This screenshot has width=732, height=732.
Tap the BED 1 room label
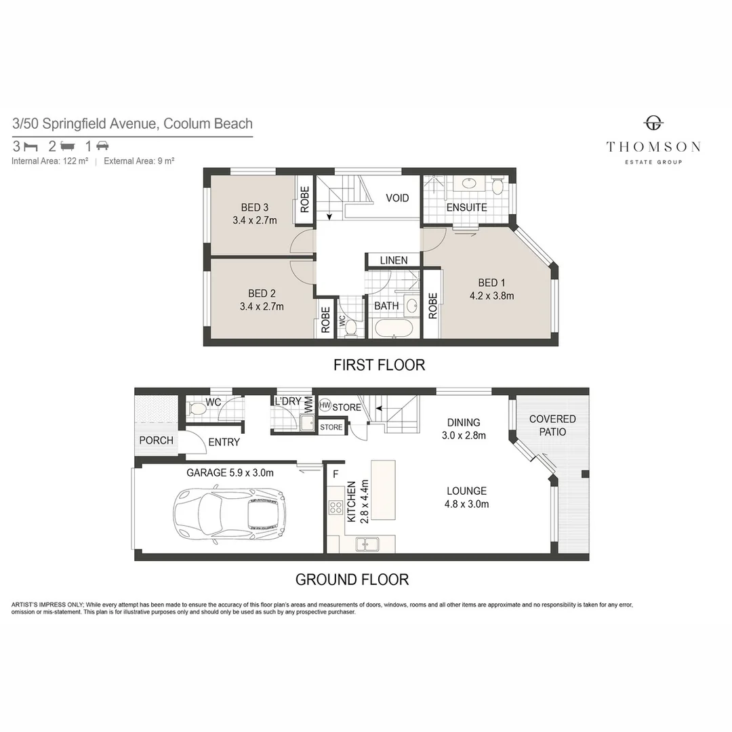[x=492, y=283]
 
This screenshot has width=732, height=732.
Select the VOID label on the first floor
[x=397, y=198]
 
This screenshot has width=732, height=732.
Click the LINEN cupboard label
[x=394, y=260]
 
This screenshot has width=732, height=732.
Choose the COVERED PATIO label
[x=552, y=426]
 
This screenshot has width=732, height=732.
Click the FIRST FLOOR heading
[x=379, y=365]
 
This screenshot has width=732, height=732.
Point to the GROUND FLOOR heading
[x=352, y=579]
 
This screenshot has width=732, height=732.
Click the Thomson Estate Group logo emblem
[x=653, y=123]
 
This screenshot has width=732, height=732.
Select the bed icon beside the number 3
[x=30, y=146]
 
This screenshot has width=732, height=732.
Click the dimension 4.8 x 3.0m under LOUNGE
[x=466, y=504]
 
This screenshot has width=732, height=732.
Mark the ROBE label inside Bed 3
[x=305, y=200]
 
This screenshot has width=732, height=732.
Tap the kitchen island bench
[x=383, y=490]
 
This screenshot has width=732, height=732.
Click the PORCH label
[x=156, y=441]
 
